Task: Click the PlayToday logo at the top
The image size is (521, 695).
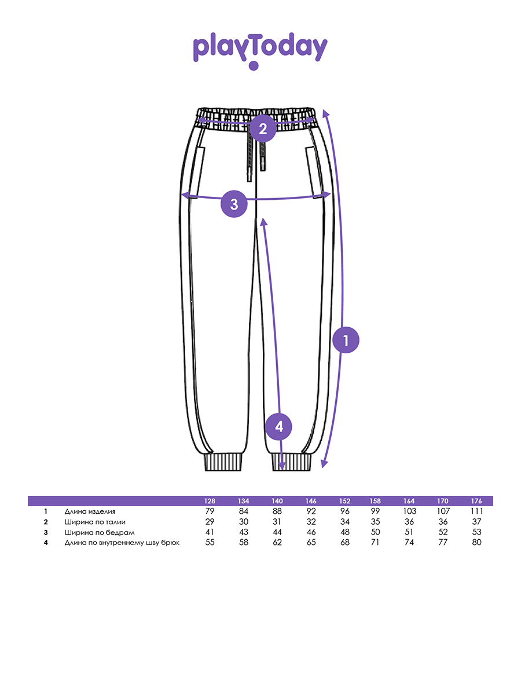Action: coord(260,50)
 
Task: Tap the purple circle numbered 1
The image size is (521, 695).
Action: coord(346,340)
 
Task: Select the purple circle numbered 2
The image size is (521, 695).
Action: coord(263,129)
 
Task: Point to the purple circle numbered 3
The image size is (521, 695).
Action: coord(234,204)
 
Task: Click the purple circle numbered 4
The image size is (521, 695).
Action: coord(278,427)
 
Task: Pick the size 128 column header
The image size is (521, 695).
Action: coord(210,501)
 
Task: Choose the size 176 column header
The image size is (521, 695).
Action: coord(476,501)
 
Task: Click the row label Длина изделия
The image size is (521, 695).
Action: coord(90,511)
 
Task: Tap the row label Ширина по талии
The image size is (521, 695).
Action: coord(95,522)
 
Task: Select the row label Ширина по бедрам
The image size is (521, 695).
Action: coord(100,533)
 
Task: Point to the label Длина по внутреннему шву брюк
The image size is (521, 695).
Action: coord(122,543)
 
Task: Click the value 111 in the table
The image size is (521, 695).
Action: coord(476,511)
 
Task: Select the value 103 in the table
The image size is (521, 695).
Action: coord(409,511)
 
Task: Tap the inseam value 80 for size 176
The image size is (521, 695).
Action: coord(476,542)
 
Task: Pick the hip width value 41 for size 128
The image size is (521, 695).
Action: coord(210,532)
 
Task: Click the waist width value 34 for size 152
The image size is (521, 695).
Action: coord(344,521)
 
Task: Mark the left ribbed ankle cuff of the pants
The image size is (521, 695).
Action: coord(223,462)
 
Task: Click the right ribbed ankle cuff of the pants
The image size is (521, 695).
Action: coord(291,462)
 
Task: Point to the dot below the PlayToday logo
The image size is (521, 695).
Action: coord(254,65)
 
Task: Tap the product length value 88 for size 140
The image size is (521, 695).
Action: coord(277,511)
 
